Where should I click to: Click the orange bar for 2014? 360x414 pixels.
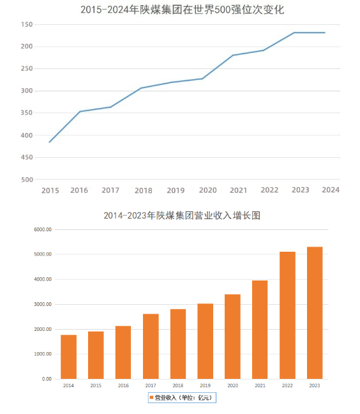point(69,356)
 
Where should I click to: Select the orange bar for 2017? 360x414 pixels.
point(151,346)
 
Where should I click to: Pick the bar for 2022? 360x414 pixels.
point(287,315)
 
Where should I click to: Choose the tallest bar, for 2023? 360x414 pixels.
point(315,312)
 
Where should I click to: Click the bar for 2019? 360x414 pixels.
point(206,341)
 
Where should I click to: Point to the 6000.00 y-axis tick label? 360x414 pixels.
point(43,229)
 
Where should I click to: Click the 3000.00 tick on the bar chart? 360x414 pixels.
point(43,304)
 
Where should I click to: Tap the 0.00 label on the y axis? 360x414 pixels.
point(47,379)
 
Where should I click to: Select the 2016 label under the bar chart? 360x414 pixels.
point(123,385)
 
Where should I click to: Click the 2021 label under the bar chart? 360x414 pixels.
point(260,385)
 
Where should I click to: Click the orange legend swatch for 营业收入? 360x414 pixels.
point(151,398)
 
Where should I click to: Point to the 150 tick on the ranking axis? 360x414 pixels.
point(27,24)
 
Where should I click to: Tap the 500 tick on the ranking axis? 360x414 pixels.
point(27,180)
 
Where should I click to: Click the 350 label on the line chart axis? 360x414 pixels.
point(27,113)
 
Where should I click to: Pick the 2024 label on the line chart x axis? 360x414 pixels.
point(331,190)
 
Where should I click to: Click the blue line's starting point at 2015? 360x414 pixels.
point(49,142)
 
